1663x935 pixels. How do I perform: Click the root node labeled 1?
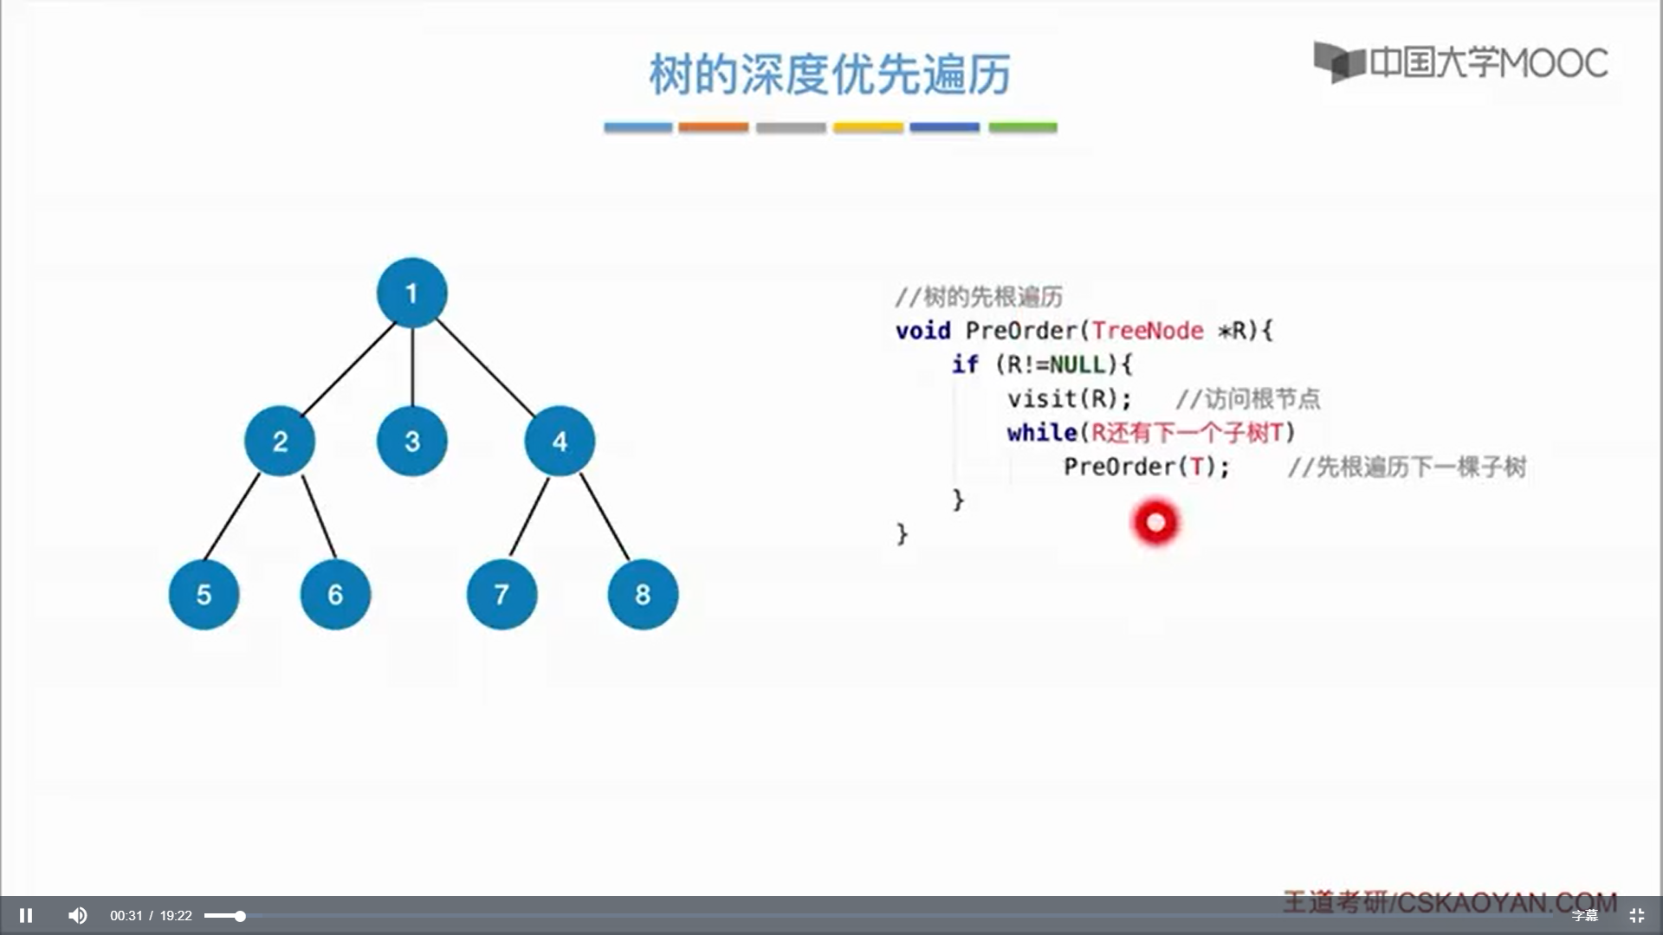pos(411,293)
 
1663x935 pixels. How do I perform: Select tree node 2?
pos(280,441)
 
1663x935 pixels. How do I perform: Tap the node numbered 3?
pos(412,441)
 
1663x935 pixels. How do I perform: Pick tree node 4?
pos(560,441)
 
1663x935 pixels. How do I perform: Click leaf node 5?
pos(204,594)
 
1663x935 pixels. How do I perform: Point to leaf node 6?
pos(335,594)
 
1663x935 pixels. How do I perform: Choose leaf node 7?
pos(501,594)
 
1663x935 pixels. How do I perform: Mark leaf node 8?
pos(643,594)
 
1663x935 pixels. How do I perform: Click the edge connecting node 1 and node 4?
pos(485,367)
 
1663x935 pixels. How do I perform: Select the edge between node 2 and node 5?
pos(231,516)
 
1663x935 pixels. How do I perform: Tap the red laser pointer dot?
pos(1155,522)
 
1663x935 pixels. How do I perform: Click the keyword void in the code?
pos(923,330)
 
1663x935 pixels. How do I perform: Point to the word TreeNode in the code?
pos(1148,330)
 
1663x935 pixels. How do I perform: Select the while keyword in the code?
pos(1042,432)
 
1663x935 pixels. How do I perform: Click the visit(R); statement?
pos(1070,398)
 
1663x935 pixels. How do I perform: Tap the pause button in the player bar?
pos(26,915)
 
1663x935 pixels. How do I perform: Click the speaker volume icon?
pos(78,915)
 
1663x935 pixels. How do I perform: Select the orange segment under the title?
pos(713,127)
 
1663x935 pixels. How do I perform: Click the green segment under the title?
pos(1023,127)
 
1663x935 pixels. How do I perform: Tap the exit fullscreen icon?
pos(1636,915)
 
